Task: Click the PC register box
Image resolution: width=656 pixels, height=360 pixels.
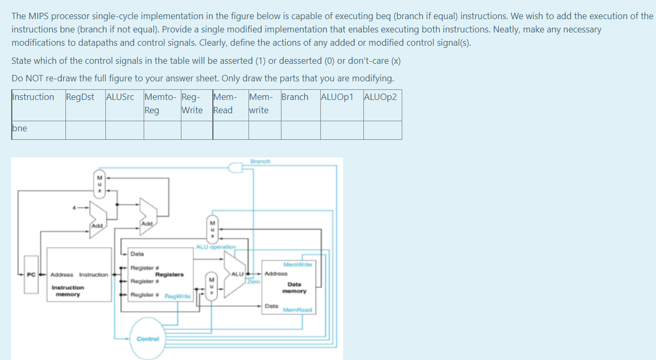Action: (x=31, y=274)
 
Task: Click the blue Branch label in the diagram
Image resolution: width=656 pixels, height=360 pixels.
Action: (x=260, y=161)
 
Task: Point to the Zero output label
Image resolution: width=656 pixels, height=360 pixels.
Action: (x=253, y=281)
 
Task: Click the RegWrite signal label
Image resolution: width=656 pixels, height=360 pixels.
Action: (x=177, y=297)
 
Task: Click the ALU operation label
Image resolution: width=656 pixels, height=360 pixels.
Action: (x=215, y=247)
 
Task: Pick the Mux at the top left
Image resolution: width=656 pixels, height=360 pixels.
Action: (x=99, y=185)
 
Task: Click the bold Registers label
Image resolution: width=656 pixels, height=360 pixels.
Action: (x=169, y=274)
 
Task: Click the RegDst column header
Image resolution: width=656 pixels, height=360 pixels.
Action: (x=80, y=97)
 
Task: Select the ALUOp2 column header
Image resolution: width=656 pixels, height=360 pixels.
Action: (x=380, y=97)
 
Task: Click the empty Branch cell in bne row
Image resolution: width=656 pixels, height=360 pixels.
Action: (x=300, y=130)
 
